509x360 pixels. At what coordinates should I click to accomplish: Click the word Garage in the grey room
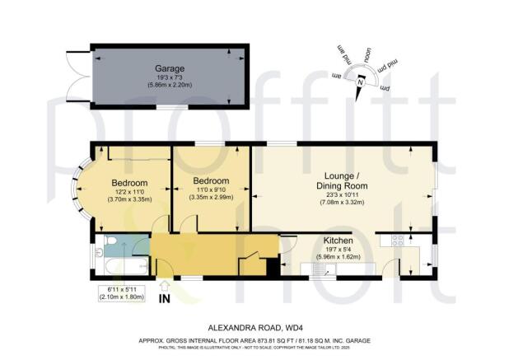pos(170,68)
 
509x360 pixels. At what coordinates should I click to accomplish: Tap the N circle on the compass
pos(360,81)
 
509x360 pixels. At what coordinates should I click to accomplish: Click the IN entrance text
pos(165,299)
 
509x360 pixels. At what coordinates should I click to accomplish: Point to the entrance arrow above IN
pos(165,286)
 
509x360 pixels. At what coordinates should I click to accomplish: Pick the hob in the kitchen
pos(395,241)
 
